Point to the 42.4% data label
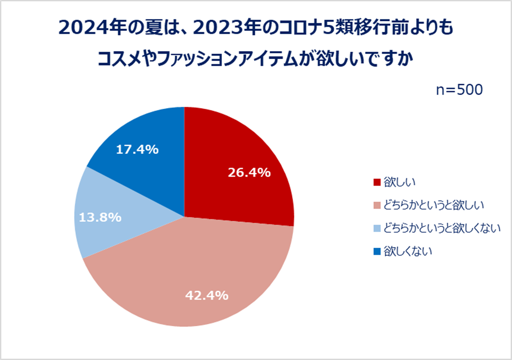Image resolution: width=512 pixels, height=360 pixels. coord(207,295)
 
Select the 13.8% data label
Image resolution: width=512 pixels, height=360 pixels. coord(100,217)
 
